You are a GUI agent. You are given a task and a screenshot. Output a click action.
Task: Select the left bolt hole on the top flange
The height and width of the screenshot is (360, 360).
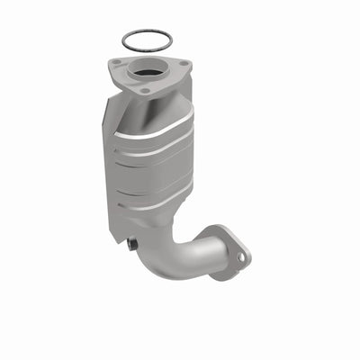tap(117, 63)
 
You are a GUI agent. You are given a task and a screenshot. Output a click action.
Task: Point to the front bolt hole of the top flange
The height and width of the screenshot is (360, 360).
tap(144, 91)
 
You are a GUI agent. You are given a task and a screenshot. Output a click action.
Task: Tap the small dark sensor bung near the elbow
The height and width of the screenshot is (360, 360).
tap(132, 242)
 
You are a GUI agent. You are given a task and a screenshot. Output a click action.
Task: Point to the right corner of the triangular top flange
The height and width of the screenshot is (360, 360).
tap(189, 65)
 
